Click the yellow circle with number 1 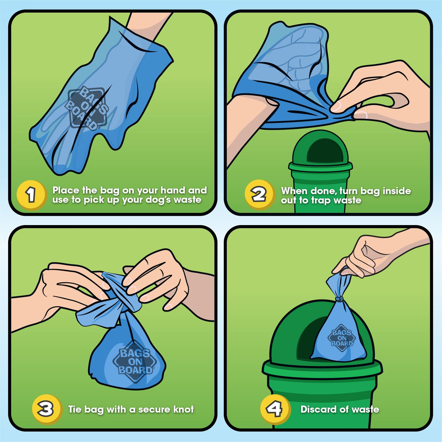pos(31,195)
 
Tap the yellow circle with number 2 pos(259,194)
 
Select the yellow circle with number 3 pos(46,409)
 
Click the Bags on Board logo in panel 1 pos(86,108)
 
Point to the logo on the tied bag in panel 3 pos(135,361)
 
